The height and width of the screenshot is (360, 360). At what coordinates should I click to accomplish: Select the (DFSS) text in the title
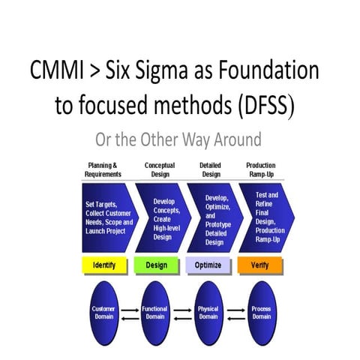259,105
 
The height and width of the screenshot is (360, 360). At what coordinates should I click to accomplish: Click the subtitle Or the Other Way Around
178,140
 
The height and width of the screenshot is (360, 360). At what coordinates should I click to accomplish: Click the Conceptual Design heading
159,170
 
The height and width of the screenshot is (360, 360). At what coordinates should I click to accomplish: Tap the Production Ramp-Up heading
260,170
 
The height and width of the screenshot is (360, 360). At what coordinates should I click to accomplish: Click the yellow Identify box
103,265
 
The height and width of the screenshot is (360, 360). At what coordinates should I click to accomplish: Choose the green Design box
156,265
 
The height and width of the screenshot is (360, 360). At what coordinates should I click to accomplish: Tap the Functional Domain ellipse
155,310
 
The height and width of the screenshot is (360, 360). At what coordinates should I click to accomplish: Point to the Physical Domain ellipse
208,310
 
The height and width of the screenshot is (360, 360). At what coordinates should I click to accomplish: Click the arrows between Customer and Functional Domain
129,310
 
